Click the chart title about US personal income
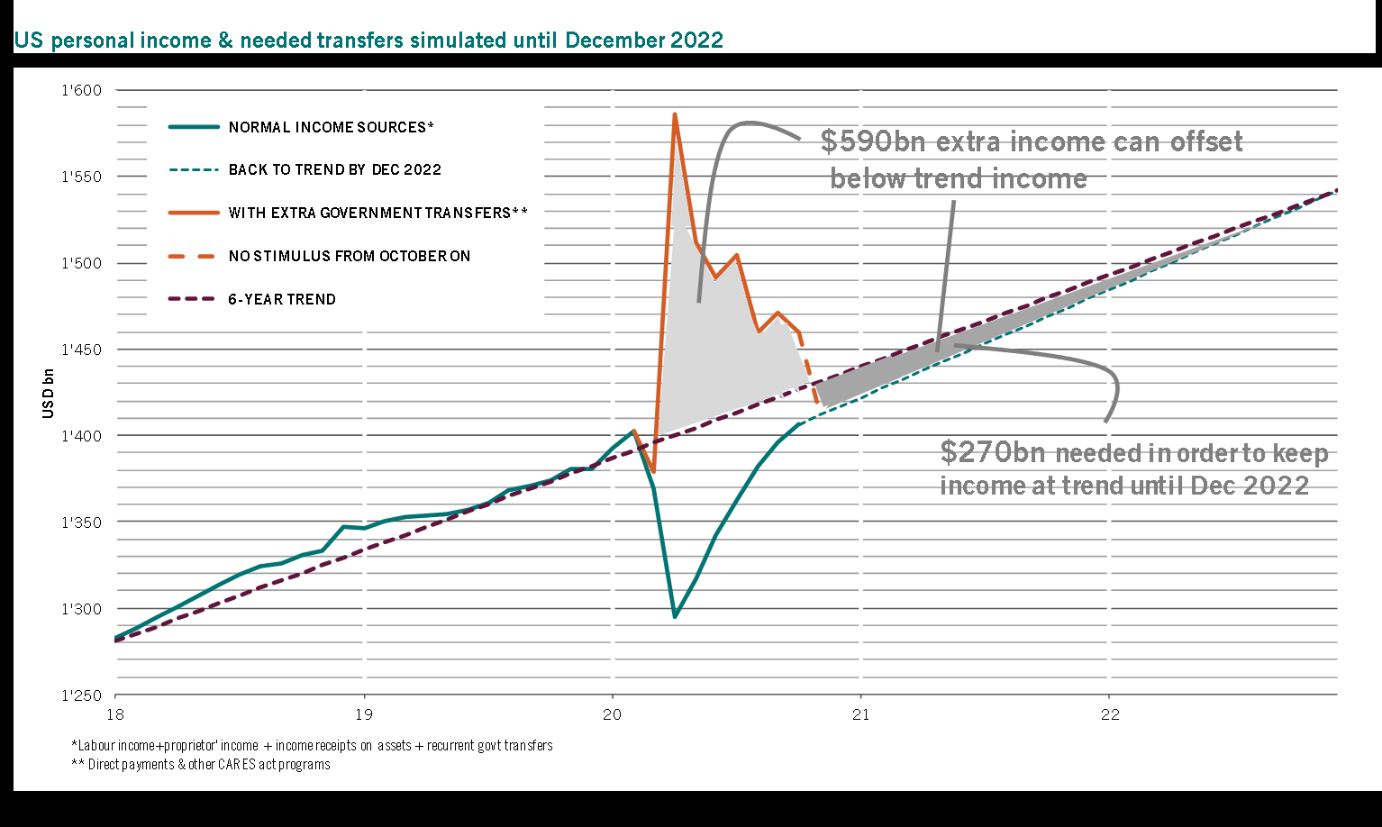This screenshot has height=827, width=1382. (368, 41)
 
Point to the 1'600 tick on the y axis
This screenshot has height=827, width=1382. (82, 90)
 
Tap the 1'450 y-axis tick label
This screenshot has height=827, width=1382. (82, 350)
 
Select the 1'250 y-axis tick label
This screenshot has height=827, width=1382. (82, 695)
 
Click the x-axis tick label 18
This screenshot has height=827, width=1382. (115, 714)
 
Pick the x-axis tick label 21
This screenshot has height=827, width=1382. (861, 714)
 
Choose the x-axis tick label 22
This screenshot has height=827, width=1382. (1110, 714)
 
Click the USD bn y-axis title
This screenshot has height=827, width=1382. (49, 393)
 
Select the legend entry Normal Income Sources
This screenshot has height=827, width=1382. (331, 127)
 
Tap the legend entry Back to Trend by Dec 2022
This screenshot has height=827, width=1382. (334, 169)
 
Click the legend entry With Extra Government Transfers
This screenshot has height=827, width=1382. (377, 213)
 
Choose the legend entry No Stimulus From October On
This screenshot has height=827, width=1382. (349, 256)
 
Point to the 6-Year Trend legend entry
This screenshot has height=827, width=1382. (281, 299)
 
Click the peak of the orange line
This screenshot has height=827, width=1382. (674, 114)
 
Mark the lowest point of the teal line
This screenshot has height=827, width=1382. (675, 617)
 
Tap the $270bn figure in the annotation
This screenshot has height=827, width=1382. (994, 451)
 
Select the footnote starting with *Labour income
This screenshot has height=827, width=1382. (312, 746)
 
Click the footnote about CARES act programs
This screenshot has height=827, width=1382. (201, 765)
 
